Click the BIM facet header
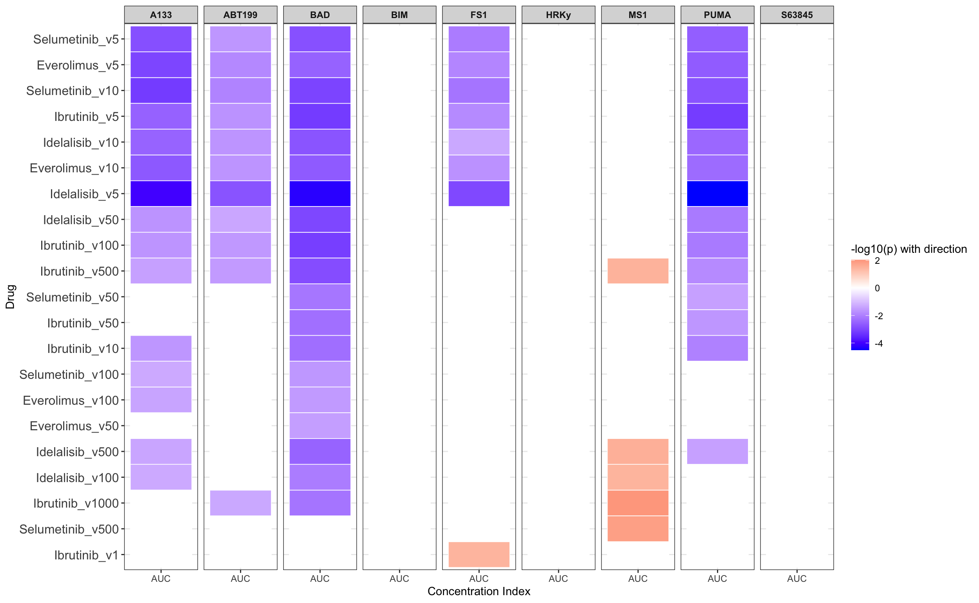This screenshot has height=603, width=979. click(399, 15)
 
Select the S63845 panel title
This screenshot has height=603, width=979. click(797, 15)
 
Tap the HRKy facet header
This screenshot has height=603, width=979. click(558, 15)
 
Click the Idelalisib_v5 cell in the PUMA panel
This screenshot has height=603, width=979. click(717, 194)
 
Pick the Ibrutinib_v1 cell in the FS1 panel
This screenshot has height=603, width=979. click(479, 555)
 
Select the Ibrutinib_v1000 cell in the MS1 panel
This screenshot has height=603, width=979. click(638, 503)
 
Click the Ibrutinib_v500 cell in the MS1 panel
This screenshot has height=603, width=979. click(638, 271)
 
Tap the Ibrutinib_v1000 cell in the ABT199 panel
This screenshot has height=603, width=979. click(241, 503)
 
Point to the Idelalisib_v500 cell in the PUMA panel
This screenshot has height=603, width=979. click(717, 452)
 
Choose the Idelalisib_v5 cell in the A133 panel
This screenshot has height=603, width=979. click(161, 194)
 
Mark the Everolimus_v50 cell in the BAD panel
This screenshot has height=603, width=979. click(320, 426)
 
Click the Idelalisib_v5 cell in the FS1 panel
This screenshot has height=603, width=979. click(479, 194)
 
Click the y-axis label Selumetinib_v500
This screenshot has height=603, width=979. click(69, 529)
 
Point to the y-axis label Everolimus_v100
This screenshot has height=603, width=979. click(71, 400)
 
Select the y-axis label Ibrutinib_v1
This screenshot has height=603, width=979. click(86, 555)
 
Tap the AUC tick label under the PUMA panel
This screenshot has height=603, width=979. click(717, 579)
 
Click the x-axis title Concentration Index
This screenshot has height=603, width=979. click(479, 592)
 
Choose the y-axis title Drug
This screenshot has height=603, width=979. click(10, 297)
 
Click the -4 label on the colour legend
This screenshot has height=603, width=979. click(879, 344)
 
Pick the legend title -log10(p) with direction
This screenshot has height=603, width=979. click(909, 249)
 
